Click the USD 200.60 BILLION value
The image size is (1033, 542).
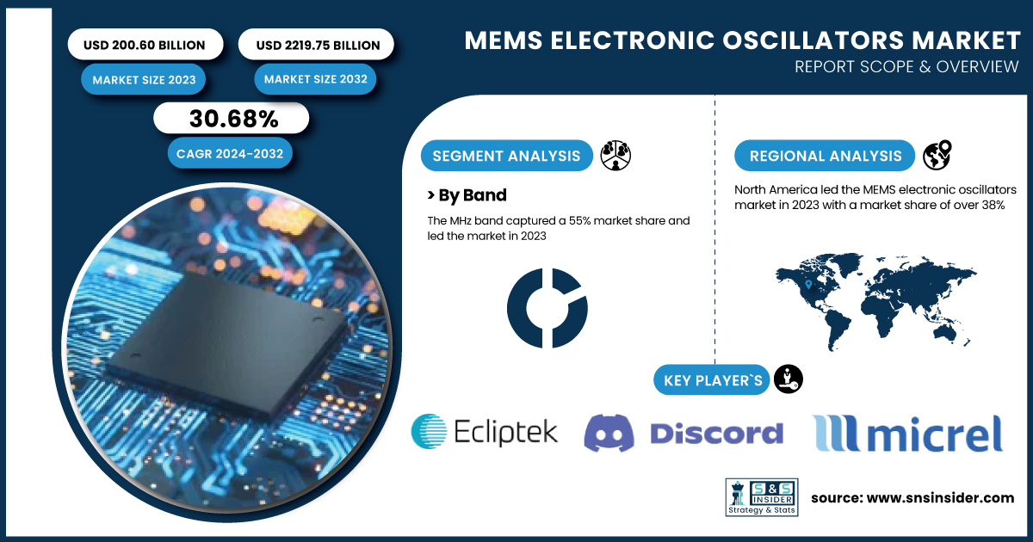pos(145,45)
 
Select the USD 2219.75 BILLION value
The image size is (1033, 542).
pos(318,45)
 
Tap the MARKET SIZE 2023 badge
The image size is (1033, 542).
pos(144,80)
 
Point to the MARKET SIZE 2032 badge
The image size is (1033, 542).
pos(315,79)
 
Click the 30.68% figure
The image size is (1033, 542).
pos(234,119)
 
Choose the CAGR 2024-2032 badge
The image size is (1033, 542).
pos(230,153)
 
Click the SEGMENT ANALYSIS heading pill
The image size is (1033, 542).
pos(506,156)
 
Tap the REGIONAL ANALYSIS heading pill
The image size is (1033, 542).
pos(825,156)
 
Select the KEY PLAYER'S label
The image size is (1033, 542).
pos(712,380)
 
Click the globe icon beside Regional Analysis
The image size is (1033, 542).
pos(937,155)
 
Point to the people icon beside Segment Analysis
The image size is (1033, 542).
pos(615,156)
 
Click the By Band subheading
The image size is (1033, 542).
pos(467,195)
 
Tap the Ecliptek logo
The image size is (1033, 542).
pos(484,432)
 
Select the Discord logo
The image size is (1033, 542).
pos(684,433)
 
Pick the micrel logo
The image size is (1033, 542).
pos(907,433)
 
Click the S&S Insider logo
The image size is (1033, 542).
pos(762,497)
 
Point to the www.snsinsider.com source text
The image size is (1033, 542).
pos(940,498)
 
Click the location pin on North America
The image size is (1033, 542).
pos(808,285)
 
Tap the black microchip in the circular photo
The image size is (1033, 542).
pos(226,341)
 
